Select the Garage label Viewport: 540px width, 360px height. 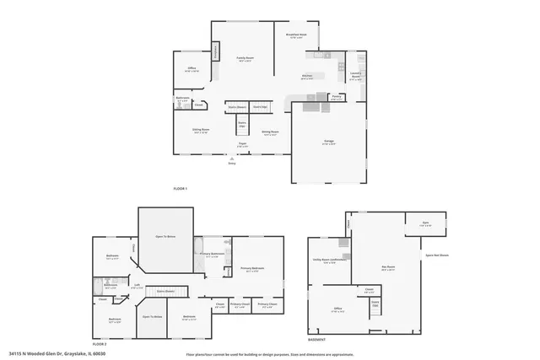click(x=328, y=144)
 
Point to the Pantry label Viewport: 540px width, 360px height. click(x=336, y=97)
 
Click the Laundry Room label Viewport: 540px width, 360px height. click(x=356, y=74)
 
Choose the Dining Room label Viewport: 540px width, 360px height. click(x=270, y=132)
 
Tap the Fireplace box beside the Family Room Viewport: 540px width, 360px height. click(x=217, y=51)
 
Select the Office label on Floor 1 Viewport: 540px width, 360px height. click(x=192, y=69)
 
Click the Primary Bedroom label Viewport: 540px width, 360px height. click(x=251, y=270)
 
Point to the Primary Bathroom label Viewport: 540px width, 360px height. click(x=212, y=254)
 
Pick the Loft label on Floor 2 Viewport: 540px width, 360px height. click(x=137, y=286)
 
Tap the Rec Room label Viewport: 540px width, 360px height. click(x=389, y=269)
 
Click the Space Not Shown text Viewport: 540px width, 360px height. click(x=437, y=255)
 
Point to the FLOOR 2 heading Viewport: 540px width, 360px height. click(x=100, y=344)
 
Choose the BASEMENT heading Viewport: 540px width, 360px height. click(x=316, y=339)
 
